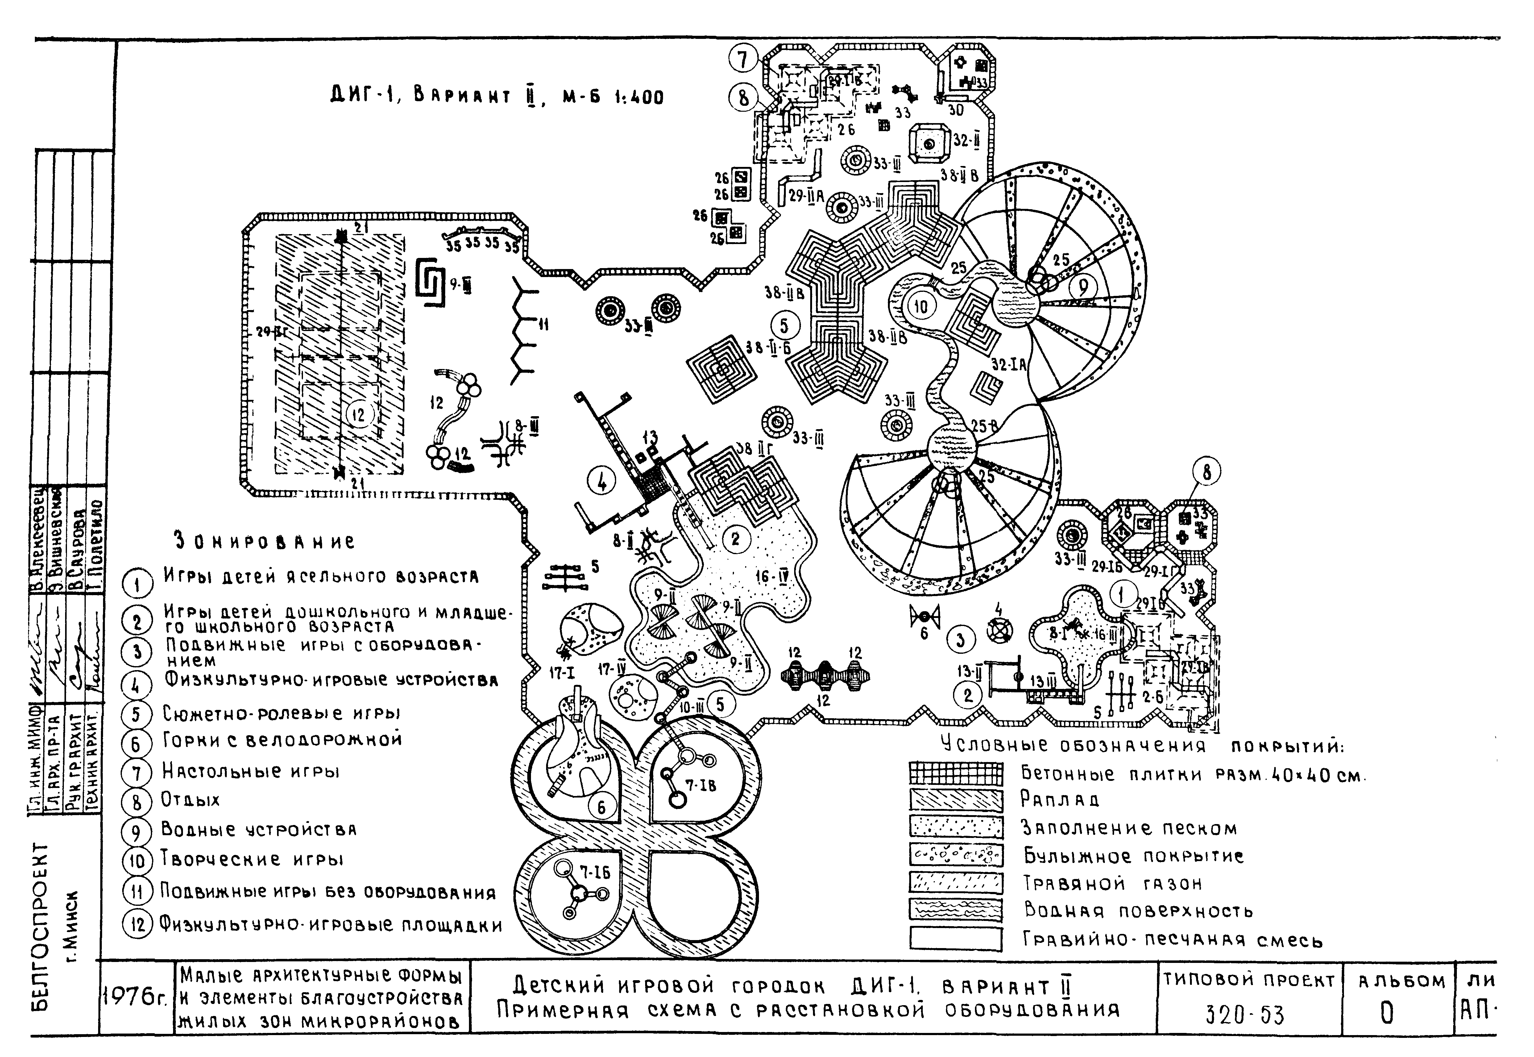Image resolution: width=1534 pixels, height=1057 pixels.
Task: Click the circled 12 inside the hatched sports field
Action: coord(358,415)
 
